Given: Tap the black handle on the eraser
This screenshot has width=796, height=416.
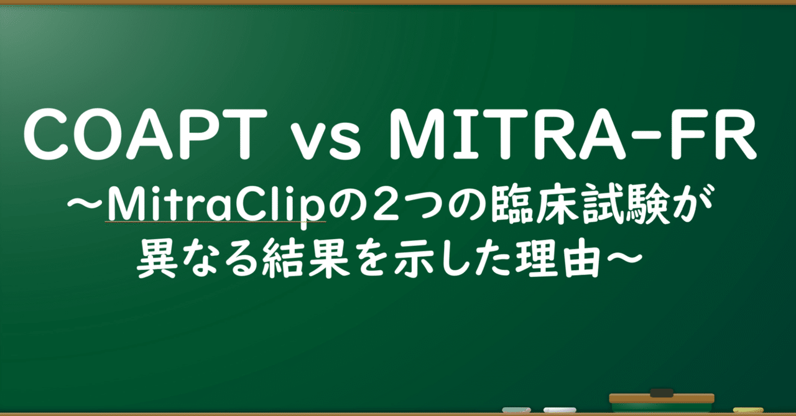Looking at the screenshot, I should click(661, 392).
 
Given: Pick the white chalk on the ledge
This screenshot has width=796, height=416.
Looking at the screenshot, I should click(560, 410).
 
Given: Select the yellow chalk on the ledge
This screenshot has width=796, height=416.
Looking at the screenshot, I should click(748, 410).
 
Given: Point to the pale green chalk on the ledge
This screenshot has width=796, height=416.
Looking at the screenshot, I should click(517, 410).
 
